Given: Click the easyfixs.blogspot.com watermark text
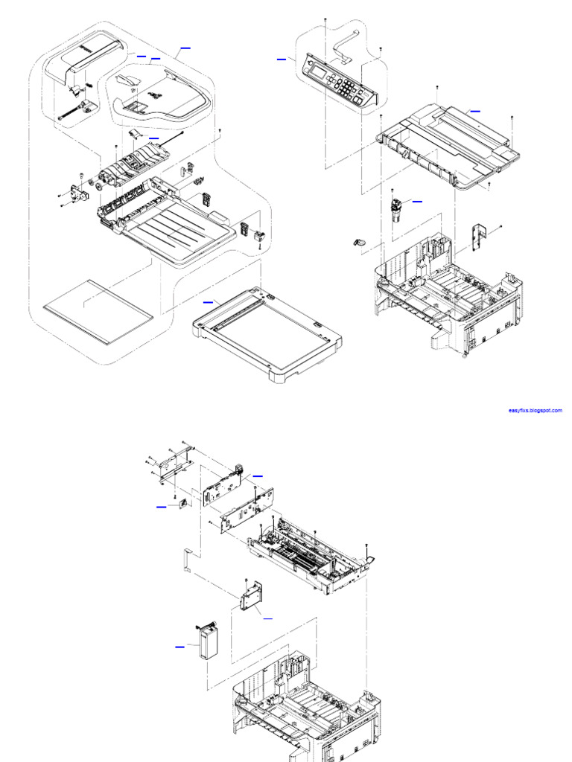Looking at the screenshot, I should coord(535,411).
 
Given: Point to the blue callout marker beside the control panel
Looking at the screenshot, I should coord(282,58).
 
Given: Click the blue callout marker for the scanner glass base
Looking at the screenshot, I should coord(208,302).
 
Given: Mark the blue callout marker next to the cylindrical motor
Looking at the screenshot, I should coord(417,201).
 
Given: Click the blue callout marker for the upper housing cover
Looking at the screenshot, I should coord(474,110).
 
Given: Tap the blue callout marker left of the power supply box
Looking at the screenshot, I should coord(179,647).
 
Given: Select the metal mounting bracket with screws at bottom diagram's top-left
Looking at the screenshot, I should coord(174,465).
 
